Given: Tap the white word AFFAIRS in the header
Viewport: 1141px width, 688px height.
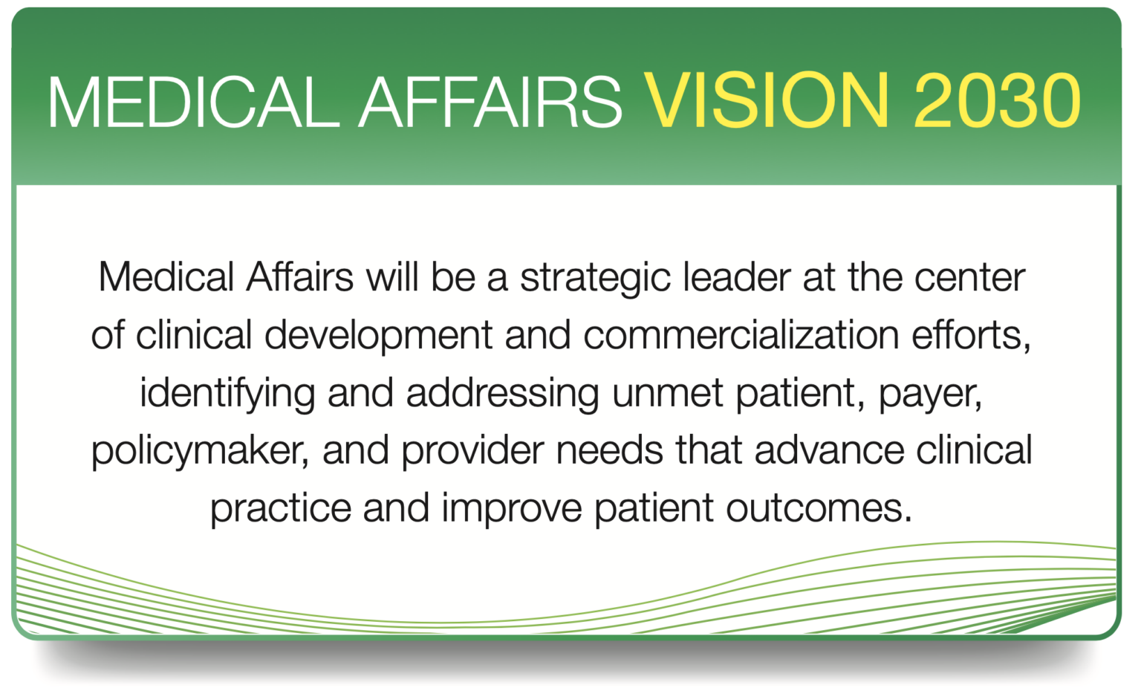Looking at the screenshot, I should click(x=490, y=102).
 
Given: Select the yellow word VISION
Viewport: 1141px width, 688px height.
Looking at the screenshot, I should click(x=766, y=102).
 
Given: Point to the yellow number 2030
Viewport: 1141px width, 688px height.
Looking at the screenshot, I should click(x=997, y=102).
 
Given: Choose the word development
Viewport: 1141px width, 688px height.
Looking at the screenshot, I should click(x=378, y=336).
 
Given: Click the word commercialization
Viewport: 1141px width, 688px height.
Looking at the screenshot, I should click(x=741, y=335).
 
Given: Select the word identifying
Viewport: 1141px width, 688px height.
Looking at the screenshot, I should click(x=227, y=394).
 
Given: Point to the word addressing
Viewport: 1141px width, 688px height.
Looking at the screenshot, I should click(x=502, y=394).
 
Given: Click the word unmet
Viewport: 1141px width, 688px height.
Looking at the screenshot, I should click(x=667, y=393).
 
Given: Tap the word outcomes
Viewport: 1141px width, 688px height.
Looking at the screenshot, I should click(x=818, y=509).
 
